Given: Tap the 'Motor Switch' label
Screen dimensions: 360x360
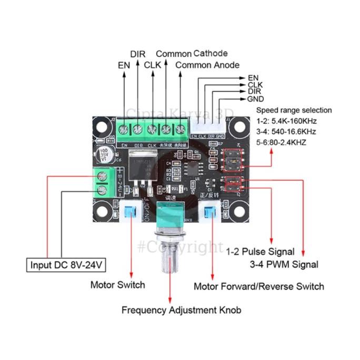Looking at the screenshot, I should click(x=117, y=285).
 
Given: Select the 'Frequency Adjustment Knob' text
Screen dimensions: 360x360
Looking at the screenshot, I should click(x=181, y=310).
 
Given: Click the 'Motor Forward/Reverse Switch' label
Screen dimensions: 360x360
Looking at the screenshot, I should click(x=258, y=286).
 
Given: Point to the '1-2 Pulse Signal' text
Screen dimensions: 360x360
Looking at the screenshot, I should click(x=260, y=252).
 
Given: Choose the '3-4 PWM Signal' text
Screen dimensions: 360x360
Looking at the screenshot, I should click(x=283, y=264).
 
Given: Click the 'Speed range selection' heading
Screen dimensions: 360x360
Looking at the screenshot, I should click(x=294, y=110).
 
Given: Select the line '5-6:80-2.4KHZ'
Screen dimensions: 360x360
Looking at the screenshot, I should click(x=282, y=142).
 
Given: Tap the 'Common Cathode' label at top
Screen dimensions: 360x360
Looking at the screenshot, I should click(x=192, y=53).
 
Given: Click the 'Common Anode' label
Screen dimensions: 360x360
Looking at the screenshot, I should click(x=207, y=65).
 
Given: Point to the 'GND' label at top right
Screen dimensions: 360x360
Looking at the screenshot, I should click(x=256, y=99).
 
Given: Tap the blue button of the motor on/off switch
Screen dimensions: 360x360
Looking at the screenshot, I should click(x=129, y=213).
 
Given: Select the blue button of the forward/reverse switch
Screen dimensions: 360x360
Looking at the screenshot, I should click(x=212, y=213).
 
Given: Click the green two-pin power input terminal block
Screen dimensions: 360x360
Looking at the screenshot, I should click(x=103, y=182).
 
